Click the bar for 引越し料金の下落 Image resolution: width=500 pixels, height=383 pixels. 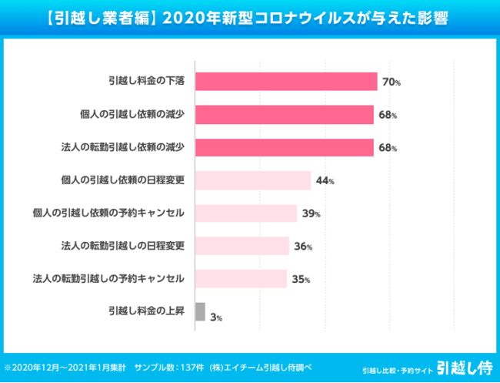tap(286, 82)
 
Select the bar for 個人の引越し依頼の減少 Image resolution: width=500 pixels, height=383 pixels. tap(285, 115)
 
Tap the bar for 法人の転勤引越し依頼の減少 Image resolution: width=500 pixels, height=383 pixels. tap(285, 147)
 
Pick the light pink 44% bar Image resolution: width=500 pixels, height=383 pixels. tap(253, 180)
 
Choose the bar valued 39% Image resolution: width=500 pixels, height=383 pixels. tap(246, 213)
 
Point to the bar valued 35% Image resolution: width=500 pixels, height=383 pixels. tap(241, 279)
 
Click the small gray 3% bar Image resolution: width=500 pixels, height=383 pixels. tap(200, 311)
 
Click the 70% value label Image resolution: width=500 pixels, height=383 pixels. tap(392, 82)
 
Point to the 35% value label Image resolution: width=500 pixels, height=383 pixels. tap(301, 280)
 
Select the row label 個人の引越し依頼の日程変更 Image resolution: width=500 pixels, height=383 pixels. tap(122, 180)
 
